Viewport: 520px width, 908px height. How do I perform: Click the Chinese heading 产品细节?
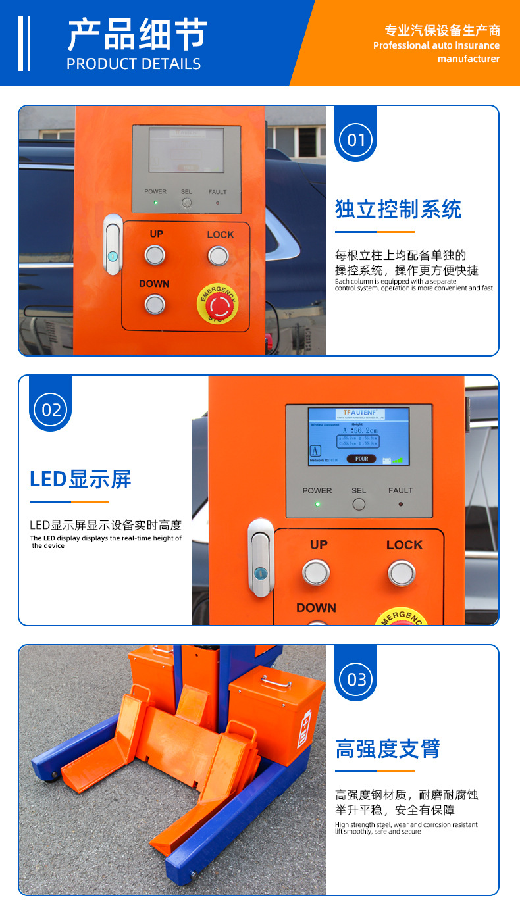click(x=137, y=34)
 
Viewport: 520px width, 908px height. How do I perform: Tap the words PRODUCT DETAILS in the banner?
click(x=134, y=64)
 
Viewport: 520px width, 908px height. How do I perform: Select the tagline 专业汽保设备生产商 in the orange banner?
click(x=442, y=30)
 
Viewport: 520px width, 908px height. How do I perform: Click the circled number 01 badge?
click(x=355, y=139)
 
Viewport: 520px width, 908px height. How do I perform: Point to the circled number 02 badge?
click(x=51, y=409)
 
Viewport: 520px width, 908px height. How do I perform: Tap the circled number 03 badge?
click(x=355, y=678)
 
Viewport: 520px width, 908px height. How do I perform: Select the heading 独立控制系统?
click(x=398, y=209)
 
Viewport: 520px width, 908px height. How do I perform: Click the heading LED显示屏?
click(x=80, y=479)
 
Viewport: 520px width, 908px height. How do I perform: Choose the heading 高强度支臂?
click(x=387, y=749)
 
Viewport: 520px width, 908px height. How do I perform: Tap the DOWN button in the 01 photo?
click(x=155, y=304)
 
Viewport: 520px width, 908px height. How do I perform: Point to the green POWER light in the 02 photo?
click(x=317, y=504)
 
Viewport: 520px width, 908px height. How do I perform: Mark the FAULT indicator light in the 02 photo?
click(x=400, y=504)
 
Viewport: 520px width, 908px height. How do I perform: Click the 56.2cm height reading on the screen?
click(x=359, y=430)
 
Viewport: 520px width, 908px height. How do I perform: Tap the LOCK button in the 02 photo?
click(x=402, y=572)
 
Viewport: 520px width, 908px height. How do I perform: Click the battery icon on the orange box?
click(x=303, y=729)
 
